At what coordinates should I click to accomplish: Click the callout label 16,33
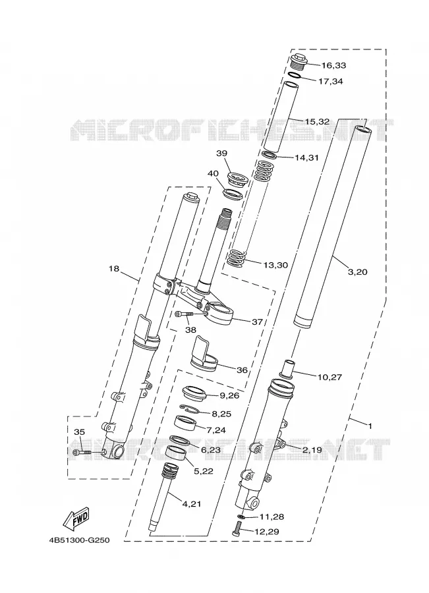(x=333, y=65)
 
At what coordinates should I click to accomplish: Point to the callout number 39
(x=221, y=153)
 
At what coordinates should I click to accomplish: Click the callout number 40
(x=213, y=173)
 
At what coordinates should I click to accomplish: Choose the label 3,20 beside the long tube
(x=357, y=272)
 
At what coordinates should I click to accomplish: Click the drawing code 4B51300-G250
(x=79, y=540)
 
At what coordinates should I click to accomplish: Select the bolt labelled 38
(x=185, y=314)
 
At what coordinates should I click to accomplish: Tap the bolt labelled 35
(x=83, y=452)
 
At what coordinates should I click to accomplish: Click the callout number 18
(x=114, y=269)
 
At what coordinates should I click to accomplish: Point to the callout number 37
(x=257, y=322)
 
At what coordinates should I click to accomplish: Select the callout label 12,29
(x=267, y=532)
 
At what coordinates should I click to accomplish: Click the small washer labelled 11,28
(x=241, y=516)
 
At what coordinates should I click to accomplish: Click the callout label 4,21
(x=192, y=504)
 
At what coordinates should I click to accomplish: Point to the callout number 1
(x=370, y=426)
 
